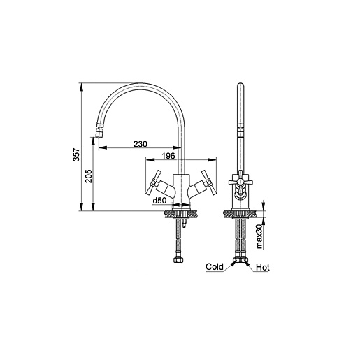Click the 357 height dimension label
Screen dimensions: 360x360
pyautogui.click(x=76, y=154)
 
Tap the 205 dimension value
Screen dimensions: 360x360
pyautogui.click(x=88, y=176)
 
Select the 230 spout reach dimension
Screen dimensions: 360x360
pyautogui.click(x=141, y=144)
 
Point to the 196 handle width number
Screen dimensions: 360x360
pyautogui.click(x=168, y=156)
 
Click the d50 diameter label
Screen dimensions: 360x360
pyautogui.click(x=159, y=201)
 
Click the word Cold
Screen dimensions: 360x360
pyautogui.click(x=215, y=267)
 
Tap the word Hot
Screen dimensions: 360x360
pyautogui.click(x=263, y=267)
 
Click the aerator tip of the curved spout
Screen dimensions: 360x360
pyautogui.click(x=99, y=134)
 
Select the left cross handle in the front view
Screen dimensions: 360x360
pyautogui.click(x=153, y=182)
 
